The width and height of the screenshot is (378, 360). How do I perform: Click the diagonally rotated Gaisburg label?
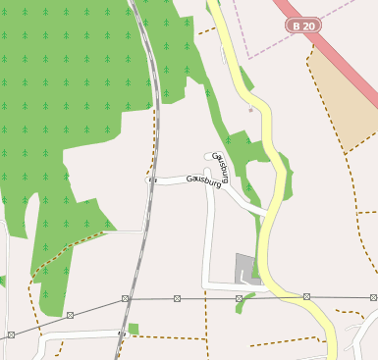pos(221,166)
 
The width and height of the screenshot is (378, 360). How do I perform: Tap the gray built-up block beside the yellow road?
pos(245,266)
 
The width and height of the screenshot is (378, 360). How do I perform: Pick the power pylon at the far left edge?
pos(11,334)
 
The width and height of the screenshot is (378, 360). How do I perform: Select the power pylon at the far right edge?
pos(370,295)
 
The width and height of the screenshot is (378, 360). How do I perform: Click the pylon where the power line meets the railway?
pos(126,297)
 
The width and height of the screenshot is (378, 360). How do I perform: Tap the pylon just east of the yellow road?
pos(306,296)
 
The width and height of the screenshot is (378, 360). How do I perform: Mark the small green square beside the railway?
pos(134,329)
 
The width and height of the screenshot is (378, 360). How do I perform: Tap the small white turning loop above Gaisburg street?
pos(210,156)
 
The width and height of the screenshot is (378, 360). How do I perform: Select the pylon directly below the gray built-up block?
pos(240,296)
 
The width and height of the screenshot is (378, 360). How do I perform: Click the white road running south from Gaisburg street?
pos(208,235)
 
